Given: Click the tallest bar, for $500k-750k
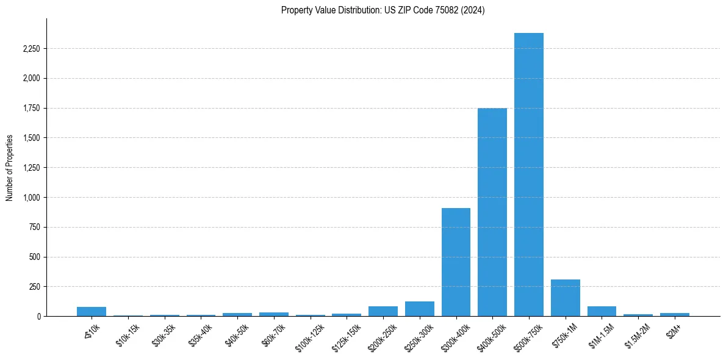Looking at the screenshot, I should point(528,175).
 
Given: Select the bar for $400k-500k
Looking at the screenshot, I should point(492,212).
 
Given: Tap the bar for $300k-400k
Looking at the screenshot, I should point(456,262).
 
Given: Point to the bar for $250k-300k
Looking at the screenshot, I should point(420,309).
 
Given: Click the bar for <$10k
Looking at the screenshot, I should point(92,311).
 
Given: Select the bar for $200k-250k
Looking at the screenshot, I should point(383,311).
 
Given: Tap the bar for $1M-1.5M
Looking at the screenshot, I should point(602,311).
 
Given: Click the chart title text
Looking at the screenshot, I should point(383,10).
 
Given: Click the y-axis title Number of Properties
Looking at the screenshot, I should point(10,167).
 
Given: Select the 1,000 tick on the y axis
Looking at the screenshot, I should point(31,198).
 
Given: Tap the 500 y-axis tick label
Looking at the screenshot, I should point(34,257).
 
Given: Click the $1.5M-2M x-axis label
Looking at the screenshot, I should point(637,330).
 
